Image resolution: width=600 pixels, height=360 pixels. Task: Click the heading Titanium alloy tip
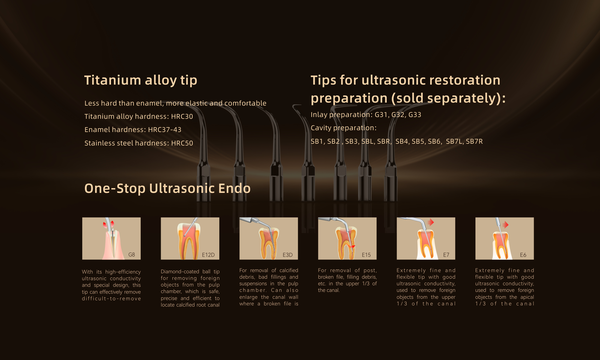[x=141, y=80]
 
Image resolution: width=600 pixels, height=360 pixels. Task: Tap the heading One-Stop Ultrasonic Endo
[x=167, y=188]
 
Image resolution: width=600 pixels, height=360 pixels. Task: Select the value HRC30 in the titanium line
[x=182, y=116]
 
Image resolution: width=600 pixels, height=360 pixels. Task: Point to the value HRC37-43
[x=165, y=130]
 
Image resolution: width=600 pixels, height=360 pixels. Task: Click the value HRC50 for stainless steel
[x=182, y=143]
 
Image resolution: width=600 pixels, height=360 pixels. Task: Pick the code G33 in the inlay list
[x=415, y=115]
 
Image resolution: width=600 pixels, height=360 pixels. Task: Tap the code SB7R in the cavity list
[x=474, y=141]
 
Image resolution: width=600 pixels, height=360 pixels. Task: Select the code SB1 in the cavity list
[x=317, y=141]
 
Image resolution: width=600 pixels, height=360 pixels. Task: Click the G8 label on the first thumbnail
[x=132, y=255]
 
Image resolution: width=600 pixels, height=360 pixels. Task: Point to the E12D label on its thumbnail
[x=208, y=255]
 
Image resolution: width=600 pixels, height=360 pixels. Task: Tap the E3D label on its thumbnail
[x=288, y=255]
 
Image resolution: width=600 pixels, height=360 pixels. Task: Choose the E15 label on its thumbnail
[x=366, y=255]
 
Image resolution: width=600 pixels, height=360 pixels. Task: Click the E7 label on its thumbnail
[x=446, y=255]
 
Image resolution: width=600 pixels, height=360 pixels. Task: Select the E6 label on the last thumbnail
[x=523, y=255]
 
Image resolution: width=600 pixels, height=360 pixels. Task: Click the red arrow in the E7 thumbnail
[x=431, y=222]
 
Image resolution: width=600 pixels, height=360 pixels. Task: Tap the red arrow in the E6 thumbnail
[x=506, y=225]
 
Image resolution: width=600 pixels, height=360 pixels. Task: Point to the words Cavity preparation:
[x=343, y=128]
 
